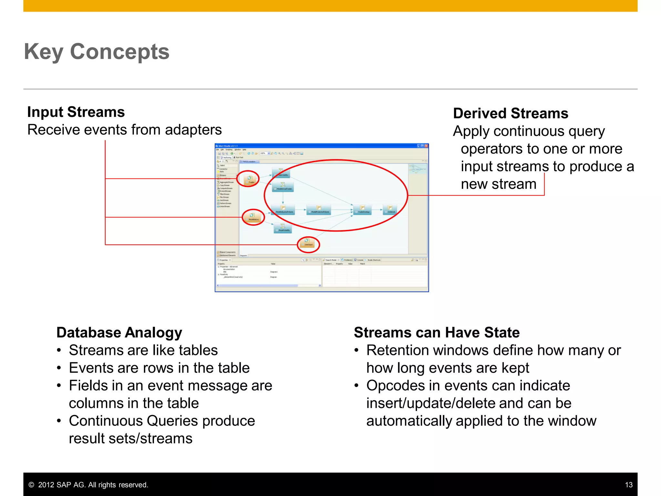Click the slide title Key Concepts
pos(97,52)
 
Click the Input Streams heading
pos(76,112)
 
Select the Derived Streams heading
pos(510,114)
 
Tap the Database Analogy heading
pos(119,333)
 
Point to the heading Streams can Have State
pos(436,333)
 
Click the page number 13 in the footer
pos(628,485)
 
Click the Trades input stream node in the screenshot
pos(250,180)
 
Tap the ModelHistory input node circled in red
pos(253,217)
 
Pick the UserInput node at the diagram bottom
pos(308,243)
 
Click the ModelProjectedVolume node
pos(319,210)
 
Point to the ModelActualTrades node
pos(283,186)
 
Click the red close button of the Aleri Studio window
pos(426,146)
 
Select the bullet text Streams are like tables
pos(143,350)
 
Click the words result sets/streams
pos(130,439)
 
